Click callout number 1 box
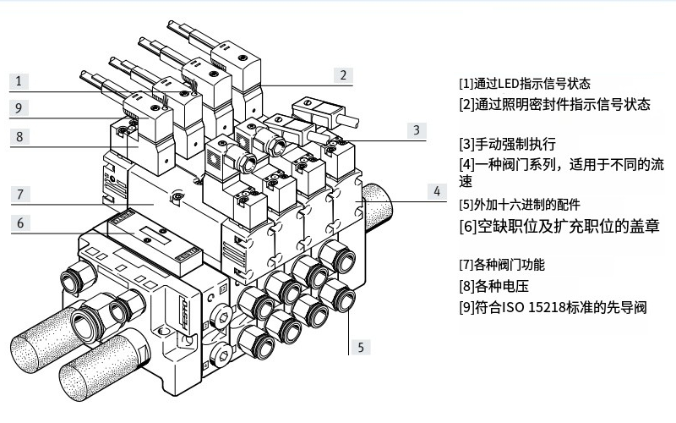18,81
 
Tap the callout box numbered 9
18,107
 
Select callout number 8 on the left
18,135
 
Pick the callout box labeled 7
18,194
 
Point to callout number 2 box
343,74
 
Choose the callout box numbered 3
416,130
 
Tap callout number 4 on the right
437,191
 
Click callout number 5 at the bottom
361,345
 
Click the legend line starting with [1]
524,84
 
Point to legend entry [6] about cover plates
554,226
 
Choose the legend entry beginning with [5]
520,204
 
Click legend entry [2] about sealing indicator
554,104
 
